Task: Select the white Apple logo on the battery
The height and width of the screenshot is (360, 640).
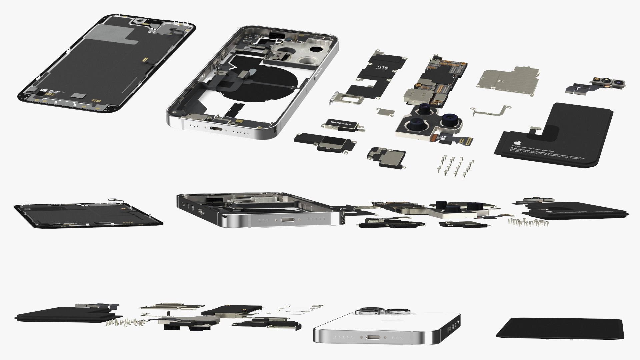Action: pyautogui.click(x=515, y=141)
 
